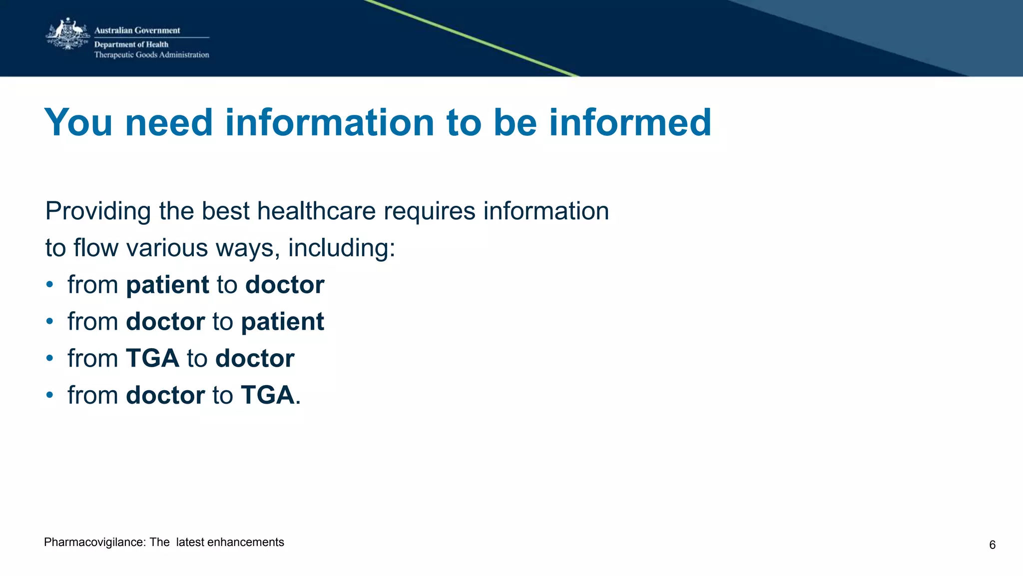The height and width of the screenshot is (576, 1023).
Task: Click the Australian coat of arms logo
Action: tap(68, 34)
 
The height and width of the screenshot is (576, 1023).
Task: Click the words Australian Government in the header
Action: tap(137, 30)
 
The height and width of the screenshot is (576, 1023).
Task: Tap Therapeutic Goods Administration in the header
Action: tap(151, 55)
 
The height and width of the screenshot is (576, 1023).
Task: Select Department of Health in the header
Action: tap(131, 44)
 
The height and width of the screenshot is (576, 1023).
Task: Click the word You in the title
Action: tap(78, 122)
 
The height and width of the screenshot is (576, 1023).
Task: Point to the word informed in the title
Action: tap(630, 122)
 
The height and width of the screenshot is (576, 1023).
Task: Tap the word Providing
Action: tap(98, 211)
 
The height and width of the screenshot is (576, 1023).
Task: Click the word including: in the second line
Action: tap(342, 248)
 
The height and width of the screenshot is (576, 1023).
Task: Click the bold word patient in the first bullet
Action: tap(167, 285)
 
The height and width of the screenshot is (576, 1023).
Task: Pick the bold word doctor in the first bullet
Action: tap(285, 285)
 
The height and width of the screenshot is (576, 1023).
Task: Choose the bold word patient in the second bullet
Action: tap(282, 322)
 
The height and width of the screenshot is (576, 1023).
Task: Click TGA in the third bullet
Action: tap(152, 359)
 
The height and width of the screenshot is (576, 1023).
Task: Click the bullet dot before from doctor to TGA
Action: tap(49, 395)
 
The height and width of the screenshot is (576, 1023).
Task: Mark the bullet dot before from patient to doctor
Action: tap(49, 285)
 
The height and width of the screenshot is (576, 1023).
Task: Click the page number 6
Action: tap(992, 545)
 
